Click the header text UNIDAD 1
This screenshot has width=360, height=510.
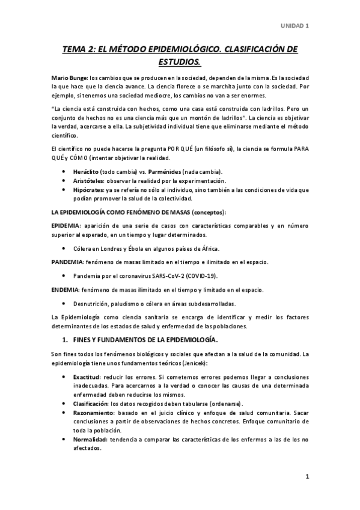[295, 25]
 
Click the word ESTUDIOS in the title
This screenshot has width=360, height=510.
[179, 61]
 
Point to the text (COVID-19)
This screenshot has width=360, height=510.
[200, 275]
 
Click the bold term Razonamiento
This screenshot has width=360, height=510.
[95, 412]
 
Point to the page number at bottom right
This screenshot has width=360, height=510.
[307, 478]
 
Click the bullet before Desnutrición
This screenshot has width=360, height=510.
[64, 303]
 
